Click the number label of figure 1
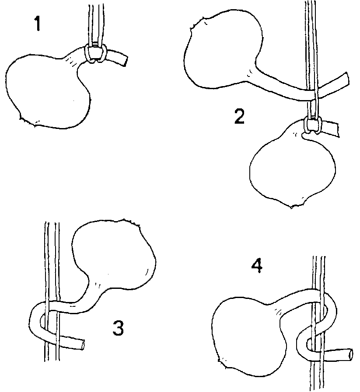pos(38,24)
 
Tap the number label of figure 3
pos(118,328)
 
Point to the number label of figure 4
pos(257,266)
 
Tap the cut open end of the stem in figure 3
pos(82,345)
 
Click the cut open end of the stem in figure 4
pos(350,354)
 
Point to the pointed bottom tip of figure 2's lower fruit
pos(291,207)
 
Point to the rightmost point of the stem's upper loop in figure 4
pos(337,311)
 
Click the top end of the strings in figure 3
pos(52,222)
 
